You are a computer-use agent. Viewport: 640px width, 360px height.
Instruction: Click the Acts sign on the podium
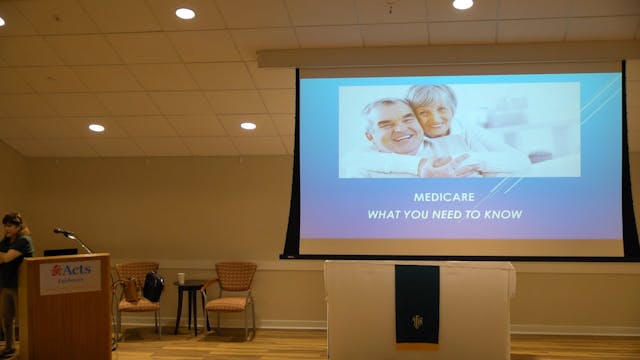[70, 273]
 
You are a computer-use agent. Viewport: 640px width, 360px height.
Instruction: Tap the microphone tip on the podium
[57, 231]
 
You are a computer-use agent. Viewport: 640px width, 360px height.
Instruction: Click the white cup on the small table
[180, 277]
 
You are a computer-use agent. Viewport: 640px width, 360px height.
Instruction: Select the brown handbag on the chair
[130, 289]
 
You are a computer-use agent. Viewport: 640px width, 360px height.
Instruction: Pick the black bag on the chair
[152, 286]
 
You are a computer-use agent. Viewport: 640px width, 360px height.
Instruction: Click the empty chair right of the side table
[232, 292]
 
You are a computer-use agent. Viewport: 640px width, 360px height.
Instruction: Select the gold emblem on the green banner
[416, 322]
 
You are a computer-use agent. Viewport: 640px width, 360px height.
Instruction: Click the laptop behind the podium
[60, 252]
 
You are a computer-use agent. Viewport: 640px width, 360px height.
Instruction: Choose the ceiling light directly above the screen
[462, 4]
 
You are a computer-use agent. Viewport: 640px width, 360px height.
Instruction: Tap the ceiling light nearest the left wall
[96, 127]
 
